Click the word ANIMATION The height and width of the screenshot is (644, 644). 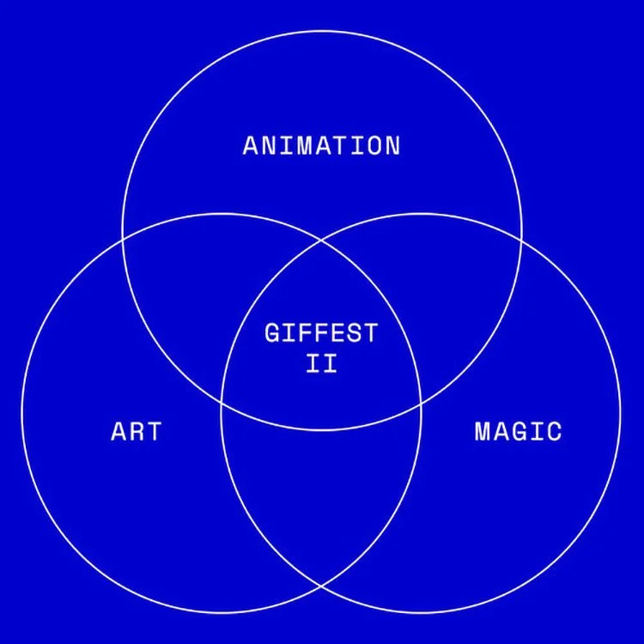(x=321, y=145)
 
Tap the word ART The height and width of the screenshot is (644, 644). (x=136, y=430)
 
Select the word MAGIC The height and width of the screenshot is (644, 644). (x=518, y=430)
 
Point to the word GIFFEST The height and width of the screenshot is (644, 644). (x=321, y=332)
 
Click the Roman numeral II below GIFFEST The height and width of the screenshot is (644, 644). (x=321, y=362)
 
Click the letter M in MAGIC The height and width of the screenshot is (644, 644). (x=483, y=430)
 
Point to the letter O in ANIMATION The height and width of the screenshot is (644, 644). (x=373, y=145)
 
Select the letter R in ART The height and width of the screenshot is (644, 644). (x=136, y=430)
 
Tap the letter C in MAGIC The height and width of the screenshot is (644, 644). (x=554, y=430)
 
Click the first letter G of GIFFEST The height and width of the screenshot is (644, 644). (x=272, y=332)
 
